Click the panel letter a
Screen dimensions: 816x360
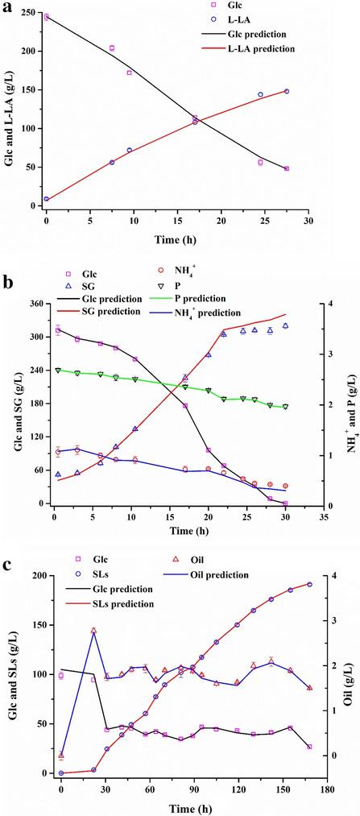tap(8, 7)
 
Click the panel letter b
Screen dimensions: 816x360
tap(8, 284)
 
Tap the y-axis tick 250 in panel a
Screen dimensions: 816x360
tap(32, 12)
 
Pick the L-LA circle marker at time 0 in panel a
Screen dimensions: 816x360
tap(47, 199)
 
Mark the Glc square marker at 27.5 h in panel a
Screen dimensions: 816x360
tap(287, 168)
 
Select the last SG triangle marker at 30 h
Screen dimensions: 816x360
tap(285, 326)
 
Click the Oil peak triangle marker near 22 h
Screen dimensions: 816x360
tap(93, 631)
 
